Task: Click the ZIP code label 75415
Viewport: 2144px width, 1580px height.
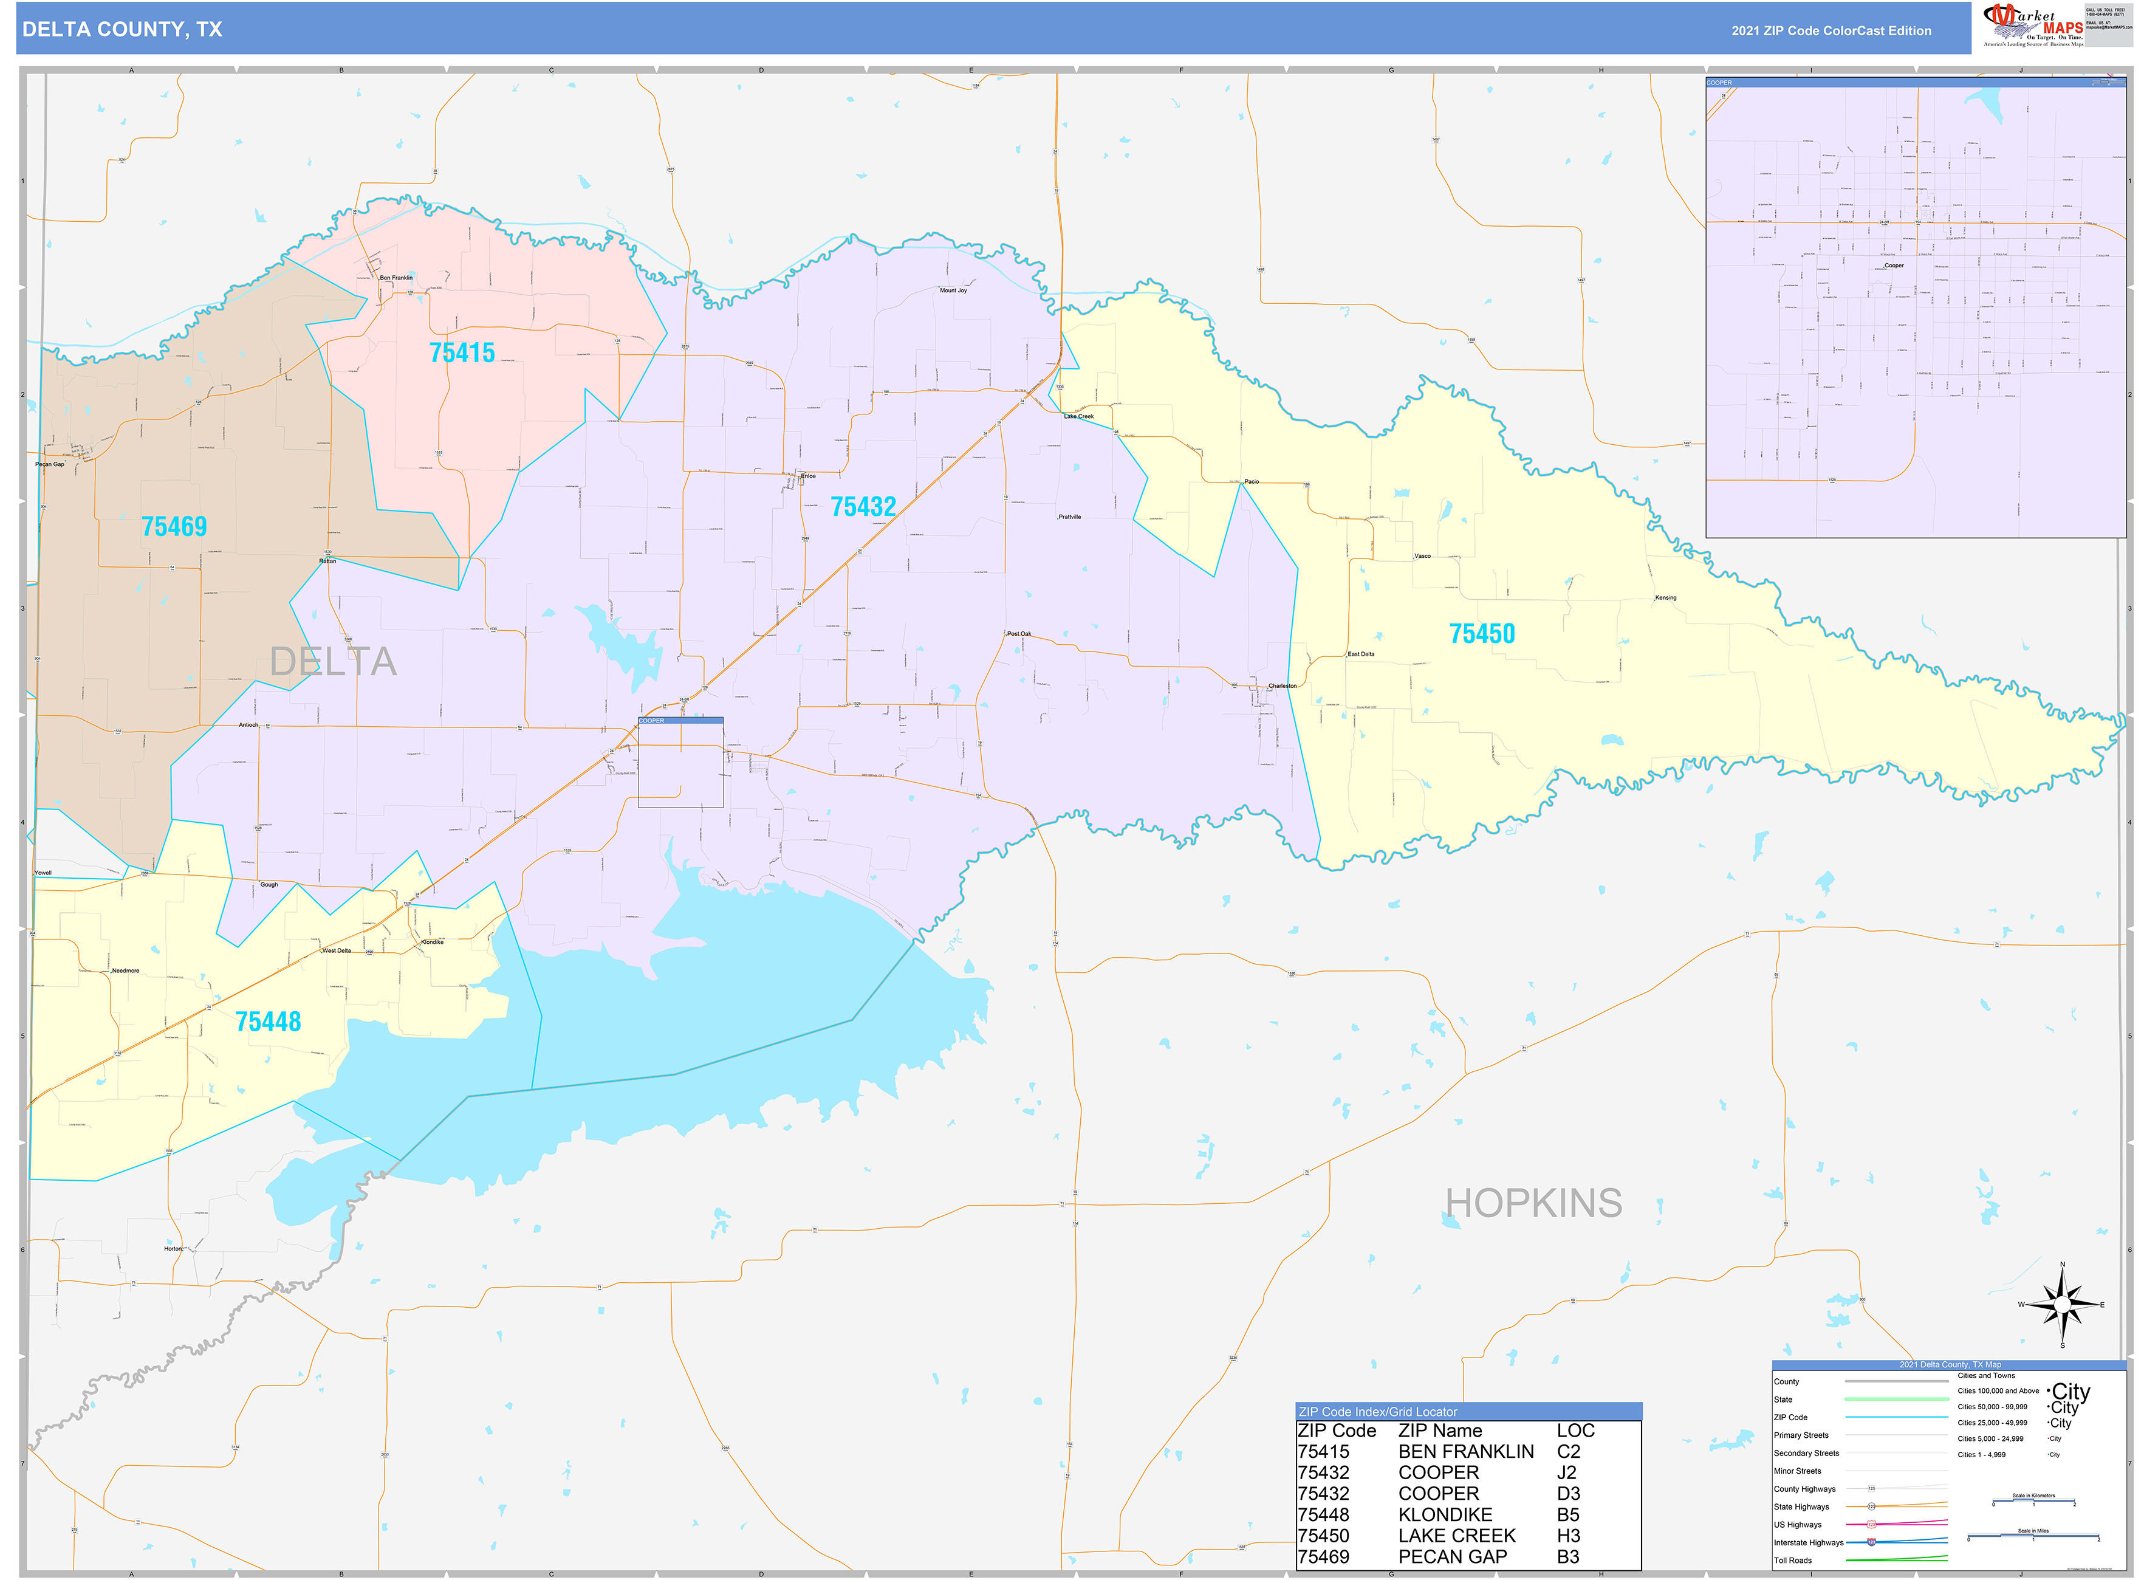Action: point(462,353)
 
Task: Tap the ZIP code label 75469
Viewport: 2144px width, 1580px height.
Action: point(174,526)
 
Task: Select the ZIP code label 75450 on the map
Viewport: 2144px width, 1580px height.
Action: point(1481,633)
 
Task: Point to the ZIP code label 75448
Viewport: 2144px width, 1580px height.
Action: point(268,1022)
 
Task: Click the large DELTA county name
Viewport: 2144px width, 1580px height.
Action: point(333,662)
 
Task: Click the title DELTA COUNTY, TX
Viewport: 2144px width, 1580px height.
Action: point(122,30)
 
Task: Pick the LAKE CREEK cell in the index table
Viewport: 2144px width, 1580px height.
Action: point(1456,1535)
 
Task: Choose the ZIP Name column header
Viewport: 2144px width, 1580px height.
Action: point(1439,1431)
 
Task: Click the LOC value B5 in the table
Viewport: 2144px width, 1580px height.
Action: point(1567,1514)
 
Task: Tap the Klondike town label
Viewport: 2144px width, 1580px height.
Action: point(432,942)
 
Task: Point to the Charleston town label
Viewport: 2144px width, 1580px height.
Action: point(1283,685)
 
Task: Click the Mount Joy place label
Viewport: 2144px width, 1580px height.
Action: point(953,290)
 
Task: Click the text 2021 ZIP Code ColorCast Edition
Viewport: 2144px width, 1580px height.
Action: point(1831,30)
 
